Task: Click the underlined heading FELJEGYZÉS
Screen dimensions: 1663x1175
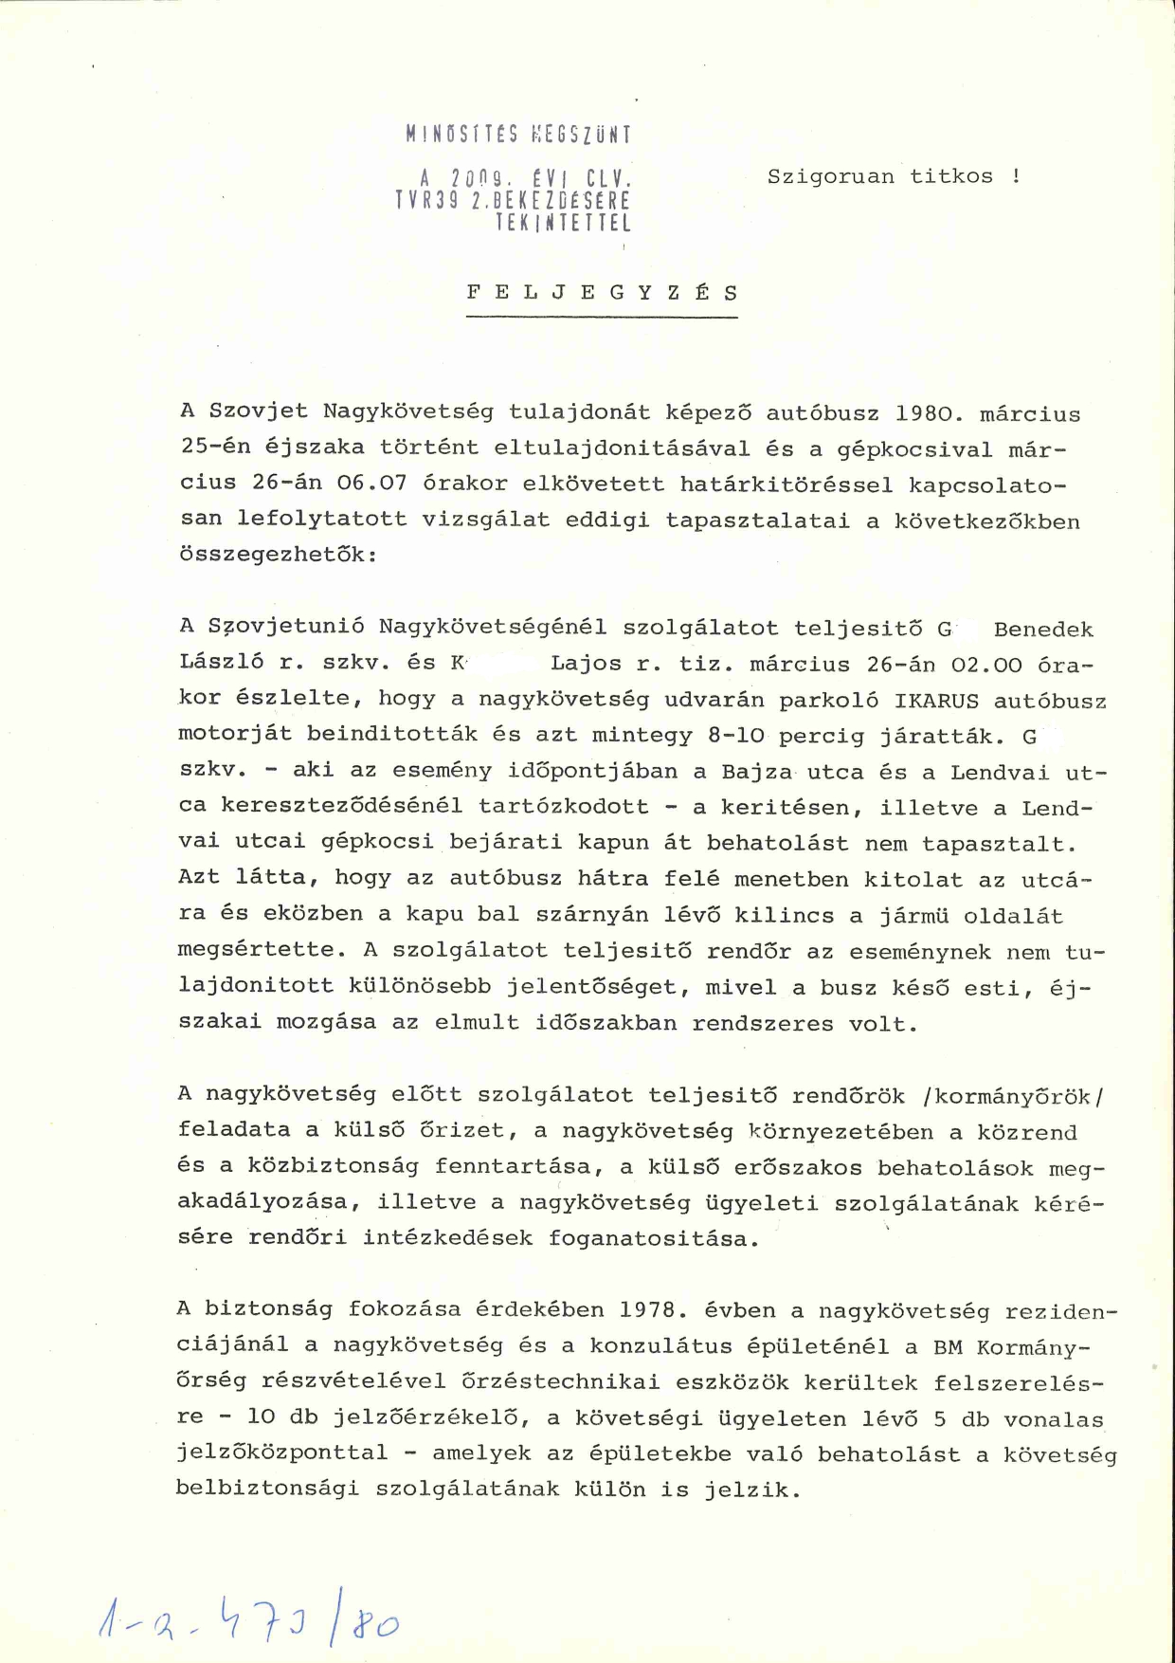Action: (602, 293)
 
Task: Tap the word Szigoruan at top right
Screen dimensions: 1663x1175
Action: (831, 176)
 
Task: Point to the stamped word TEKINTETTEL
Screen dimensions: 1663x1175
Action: (563, 224)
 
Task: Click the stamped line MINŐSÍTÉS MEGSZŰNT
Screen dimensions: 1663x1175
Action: (518, 134)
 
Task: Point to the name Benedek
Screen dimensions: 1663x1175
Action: (1043, 630)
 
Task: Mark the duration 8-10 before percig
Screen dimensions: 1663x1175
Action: (728, 736)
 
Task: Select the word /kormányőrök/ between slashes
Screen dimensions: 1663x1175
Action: (1013, 1097)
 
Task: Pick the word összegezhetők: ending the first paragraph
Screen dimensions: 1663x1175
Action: (279, 555)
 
